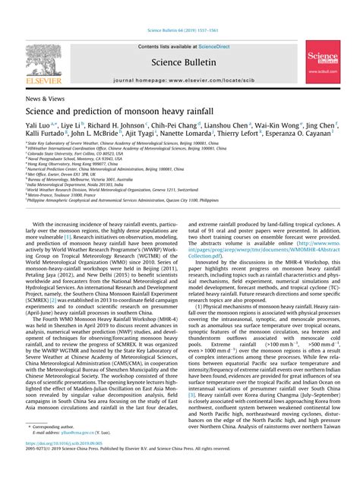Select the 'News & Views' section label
(x=44, y=99)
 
